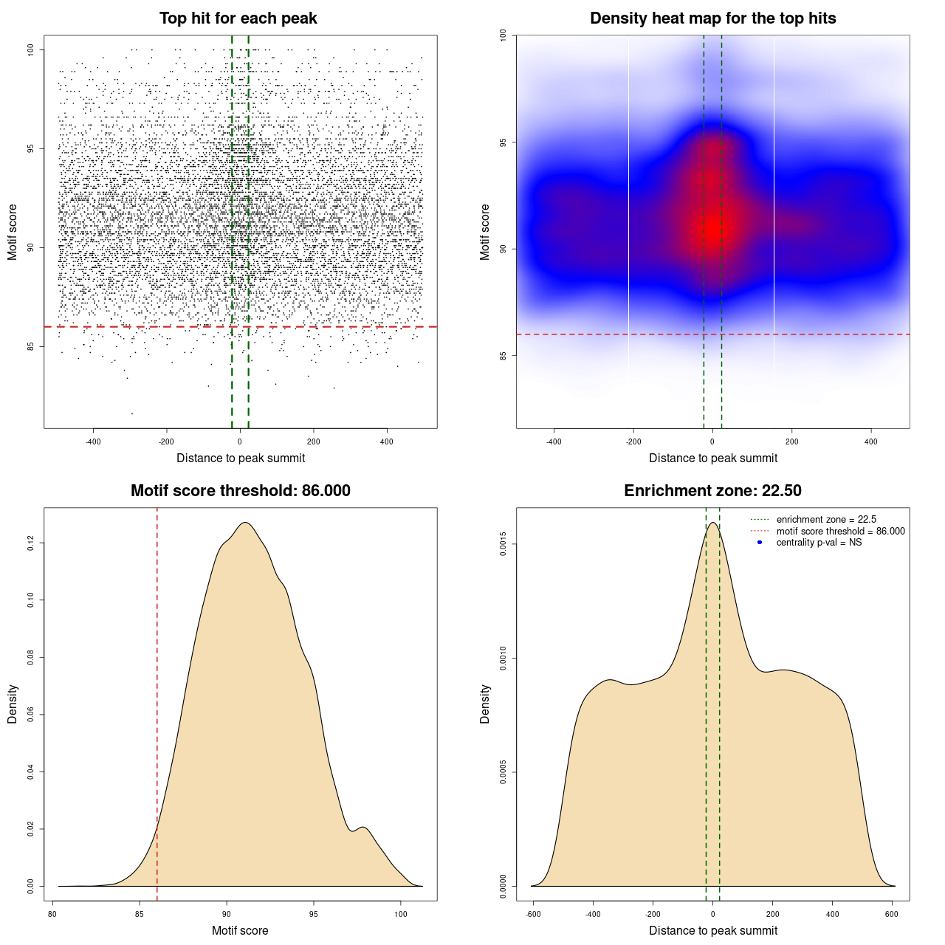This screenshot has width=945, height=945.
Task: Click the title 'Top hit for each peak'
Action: click(238, 18)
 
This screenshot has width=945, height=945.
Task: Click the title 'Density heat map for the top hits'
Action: click(712, 18)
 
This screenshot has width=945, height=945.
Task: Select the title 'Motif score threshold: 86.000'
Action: click(240, 491)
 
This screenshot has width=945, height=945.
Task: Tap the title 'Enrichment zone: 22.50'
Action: click(712, 491)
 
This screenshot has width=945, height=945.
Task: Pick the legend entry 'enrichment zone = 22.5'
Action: click(826, 520)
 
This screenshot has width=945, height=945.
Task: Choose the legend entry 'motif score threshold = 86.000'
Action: click(840, 532)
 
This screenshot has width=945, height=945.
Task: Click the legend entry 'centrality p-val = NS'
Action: click(819, 543)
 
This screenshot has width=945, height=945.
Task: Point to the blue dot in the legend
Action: click(760, 543)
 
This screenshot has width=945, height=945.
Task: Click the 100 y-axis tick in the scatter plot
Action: click(31, 49)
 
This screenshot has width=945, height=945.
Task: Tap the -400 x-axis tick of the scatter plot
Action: click(93, 441)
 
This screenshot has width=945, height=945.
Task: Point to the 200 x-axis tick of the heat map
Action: click(792, 441)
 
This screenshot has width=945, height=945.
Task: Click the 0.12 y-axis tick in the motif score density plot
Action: click(31, 543)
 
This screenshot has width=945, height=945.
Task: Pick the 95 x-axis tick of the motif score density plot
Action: click(314, 914)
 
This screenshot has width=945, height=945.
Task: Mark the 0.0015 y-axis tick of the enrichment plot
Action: click(503, 545)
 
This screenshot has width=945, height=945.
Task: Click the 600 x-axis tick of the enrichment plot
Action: click(892, 914)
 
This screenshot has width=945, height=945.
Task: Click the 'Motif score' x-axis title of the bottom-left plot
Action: click(240, 931)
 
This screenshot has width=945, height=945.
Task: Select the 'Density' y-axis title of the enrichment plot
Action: click(485, 704)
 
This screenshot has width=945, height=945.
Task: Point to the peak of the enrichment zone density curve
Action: click(712, 523)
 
